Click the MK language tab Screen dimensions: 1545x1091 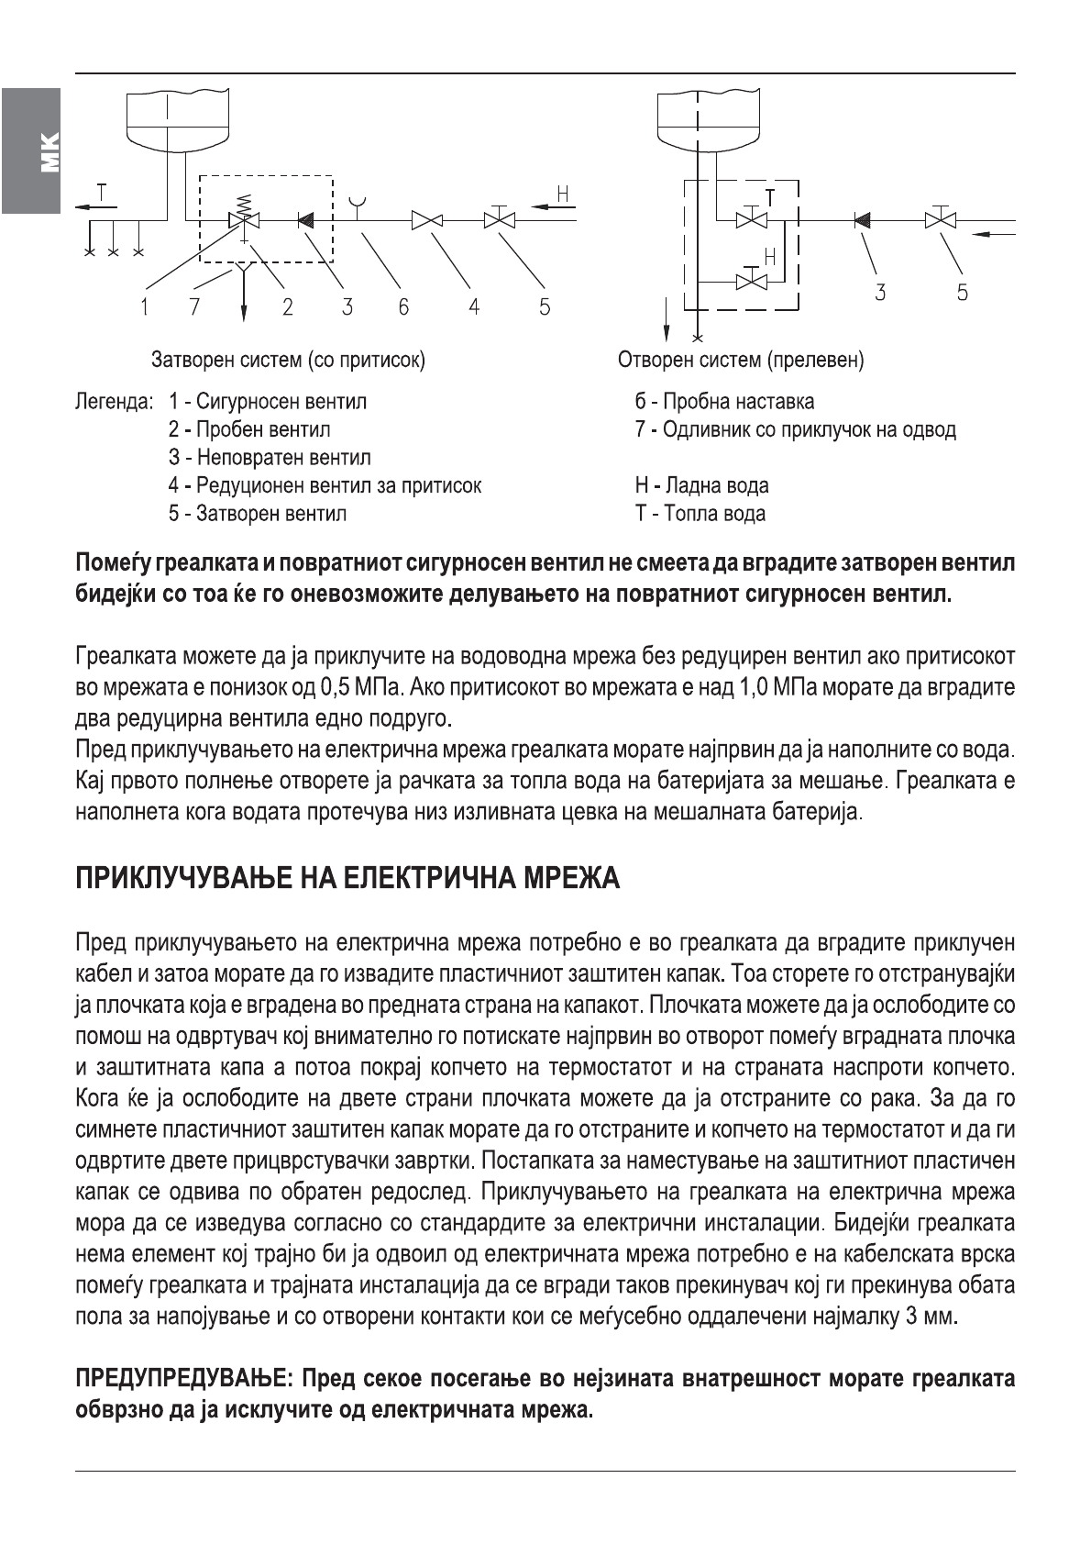coord(30,151)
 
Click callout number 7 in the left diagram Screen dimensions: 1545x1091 coord(193,306)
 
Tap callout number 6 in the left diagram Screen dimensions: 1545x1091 coord(403,306)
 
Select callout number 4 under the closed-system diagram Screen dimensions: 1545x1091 coord(474,306)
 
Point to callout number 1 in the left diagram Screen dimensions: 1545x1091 coord(144,306)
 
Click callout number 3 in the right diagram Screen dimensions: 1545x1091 coord(880,293)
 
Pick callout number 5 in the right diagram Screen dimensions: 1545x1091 coord(962,293)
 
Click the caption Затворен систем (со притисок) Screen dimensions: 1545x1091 coord(288,360)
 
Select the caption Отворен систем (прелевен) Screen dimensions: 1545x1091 coord(741,360)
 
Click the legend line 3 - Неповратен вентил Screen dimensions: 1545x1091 coord(270,458)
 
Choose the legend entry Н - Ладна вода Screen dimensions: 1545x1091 coord(701,485)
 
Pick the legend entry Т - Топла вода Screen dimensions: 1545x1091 coord(700,514)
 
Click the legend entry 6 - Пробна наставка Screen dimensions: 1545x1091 coord(723,402)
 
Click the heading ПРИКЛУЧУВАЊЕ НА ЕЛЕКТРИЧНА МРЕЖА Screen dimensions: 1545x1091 coord(347,879)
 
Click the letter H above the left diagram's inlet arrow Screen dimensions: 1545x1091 coord(563,194)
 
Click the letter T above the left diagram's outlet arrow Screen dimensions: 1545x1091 coord(101,192)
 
